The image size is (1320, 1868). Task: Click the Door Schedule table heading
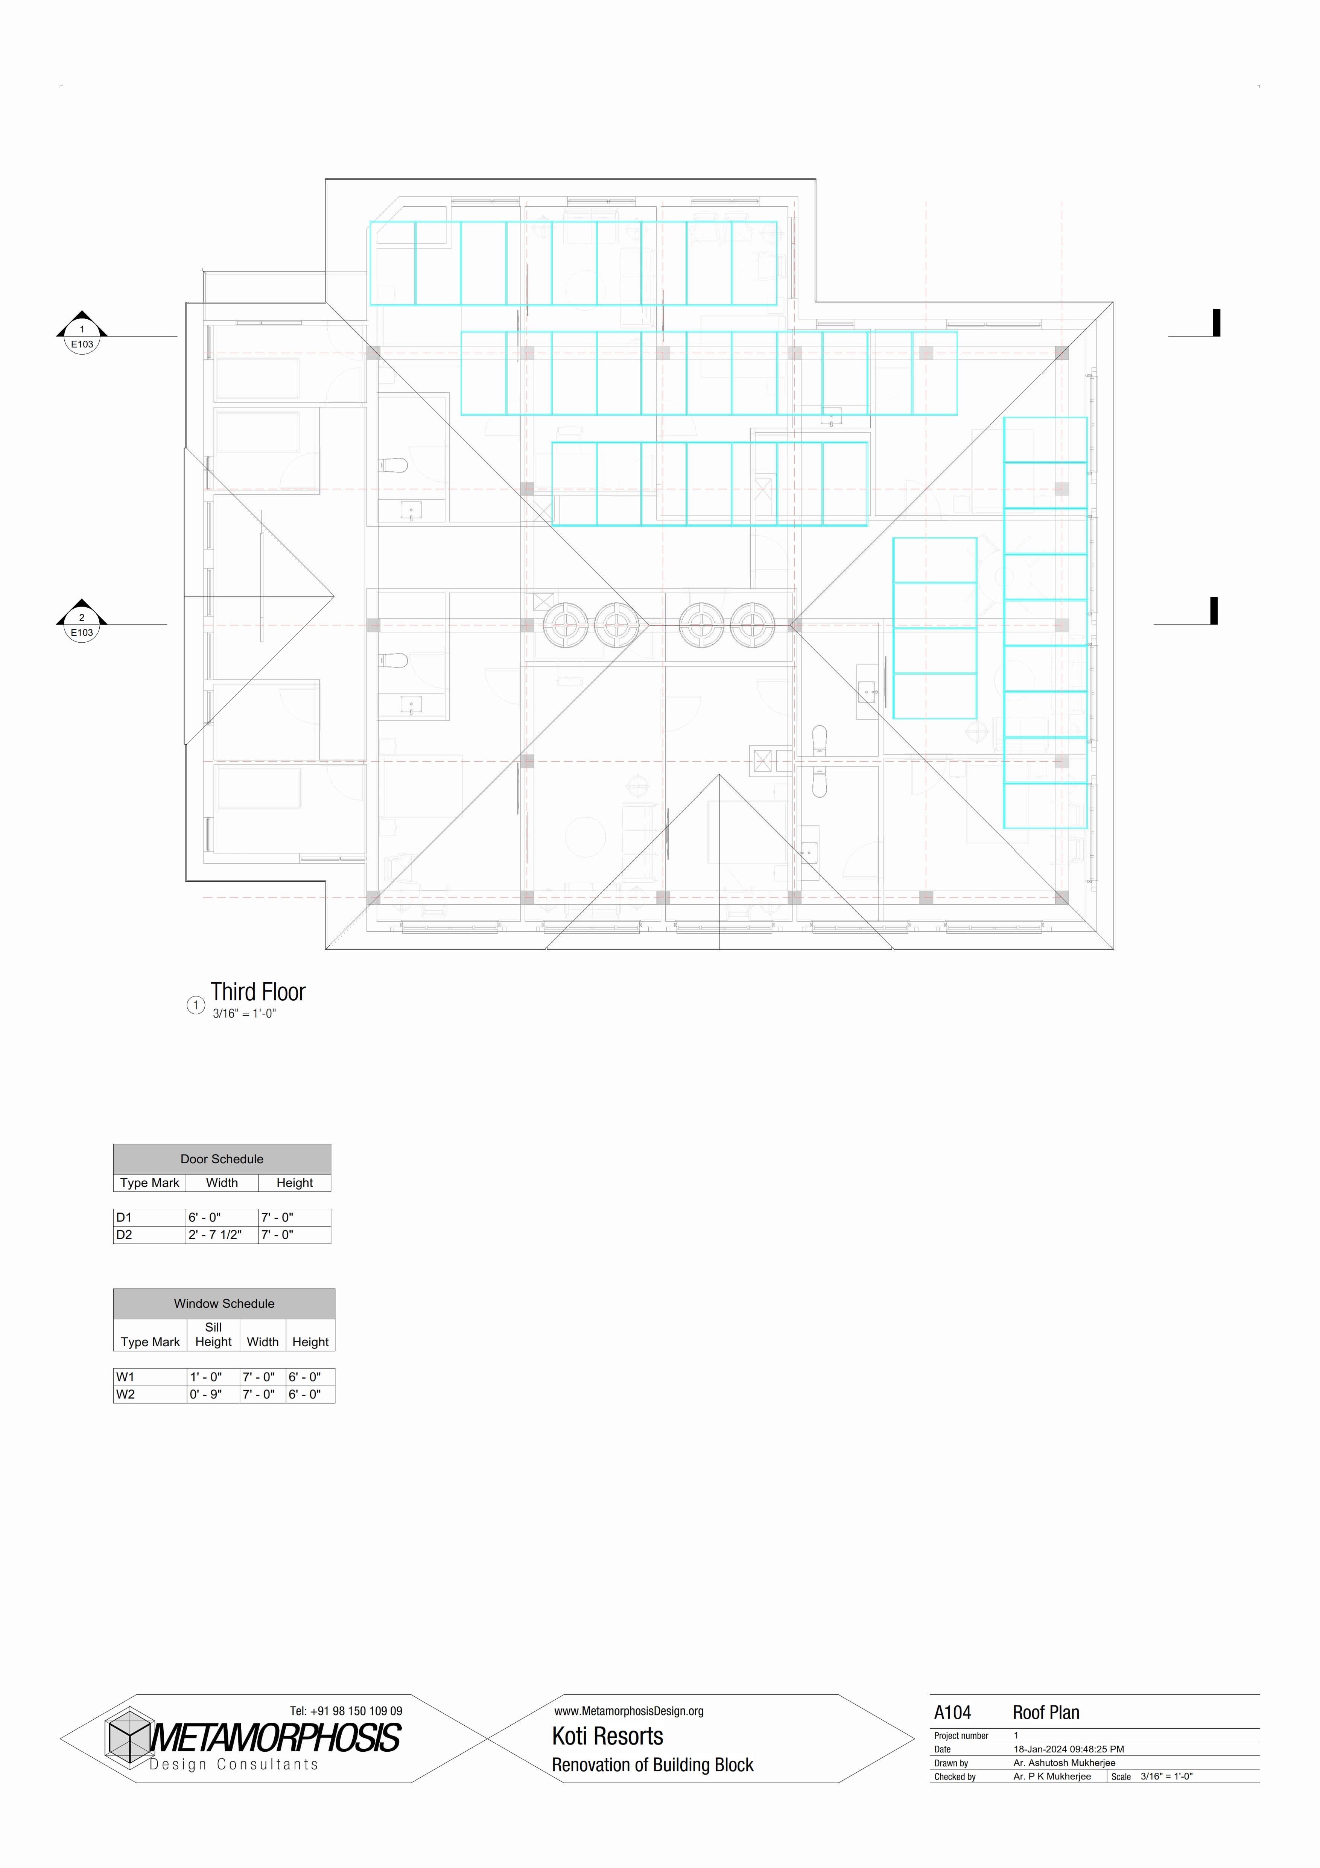tap(222, 1158)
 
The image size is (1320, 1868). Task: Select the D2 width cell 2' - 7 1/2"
tap(215, 1234)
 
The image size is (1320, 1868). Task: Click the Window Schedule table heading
tap(225, 1303)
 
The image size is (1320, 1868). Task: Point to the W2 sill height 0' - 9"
tap(206, 1394)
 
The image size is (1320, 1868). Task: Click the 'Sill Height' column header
tap(213, 1334)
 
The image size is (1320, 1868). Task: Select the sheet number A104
tap(952, 1713)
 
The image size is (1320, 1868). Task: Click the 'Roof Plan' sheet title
tap(1046, 1713)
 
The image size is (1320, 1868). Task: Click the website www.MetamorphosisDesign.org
tap(629, 1711)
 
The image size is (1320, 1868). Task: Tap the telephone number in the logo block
tap(346, 1711)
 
